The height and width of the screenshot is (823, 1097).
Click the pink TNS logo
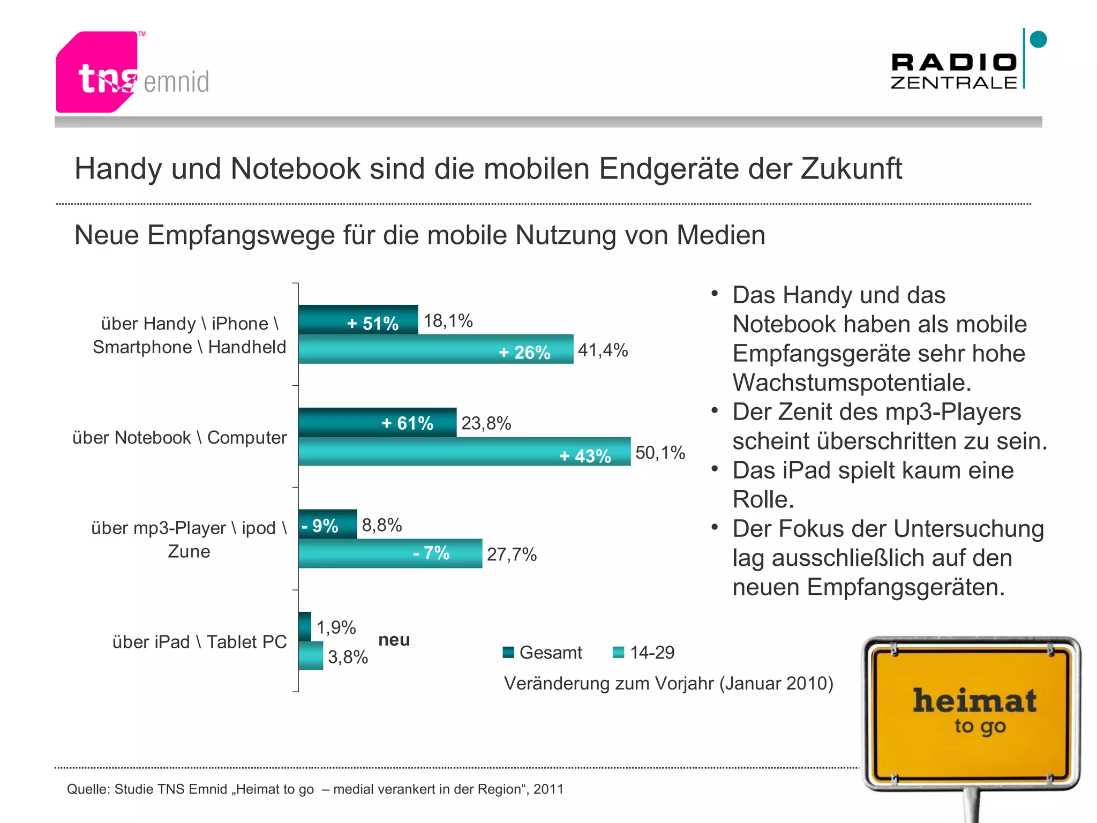pyautogui.click(x=96, y=72)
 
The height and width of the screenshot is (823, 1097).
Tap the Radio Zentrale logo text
pyautogui.click(x=953, y=71)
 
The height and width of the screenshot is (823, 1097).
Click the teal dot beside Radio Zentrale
pyautogui.click(x=1038, y=40)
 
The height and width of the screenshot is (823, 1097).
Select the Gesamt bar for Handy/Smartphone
pyautogui.click(x=358, y=320)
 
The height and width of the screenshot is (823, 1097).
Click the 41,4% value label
pyautogui.click(x=603, y=350)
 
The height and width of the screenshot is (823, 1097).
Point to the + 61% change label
pyautogui.click(x=407, y=423)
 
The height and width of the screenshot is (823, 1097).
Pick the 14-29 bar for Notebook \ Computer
pyautogui.click(x=464, y=452)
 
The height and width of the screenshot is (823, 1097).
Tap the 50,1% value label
pyautogui.click(x=660, y=453)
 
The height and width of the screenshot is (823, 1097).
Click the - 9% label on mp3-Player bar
pyautogui.click(x=320, y=526)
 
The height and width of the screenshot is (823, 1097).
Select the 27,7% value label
pyautogui.click(x=512, y=555)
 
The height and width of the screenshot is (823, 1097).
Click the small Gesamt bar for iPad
pyautogui.click(x=305, y=626)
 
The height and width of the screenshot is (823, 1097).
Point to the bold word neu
pyautogui.click(x=394, y=640)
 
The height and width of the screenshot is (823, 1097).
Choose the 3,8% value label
pyautogui.click(x=348, y=657)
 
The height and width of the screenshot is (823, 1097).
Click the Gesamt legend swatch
pyautogui.click(x=508, y=652)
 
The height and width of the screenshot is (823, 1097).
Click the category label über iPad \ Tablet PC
pyautogui.click(x=199, y=642)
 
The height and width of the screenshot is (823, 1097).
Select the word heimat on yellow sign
pyautogui.click(x=974, y=701)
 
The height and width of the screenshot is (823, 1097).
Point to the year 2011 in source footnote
pyautogui.click(x=548, y=789)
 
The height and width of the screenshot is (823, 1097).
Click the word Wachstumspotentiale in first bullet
pyautogui.click(x=852, y=383)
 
